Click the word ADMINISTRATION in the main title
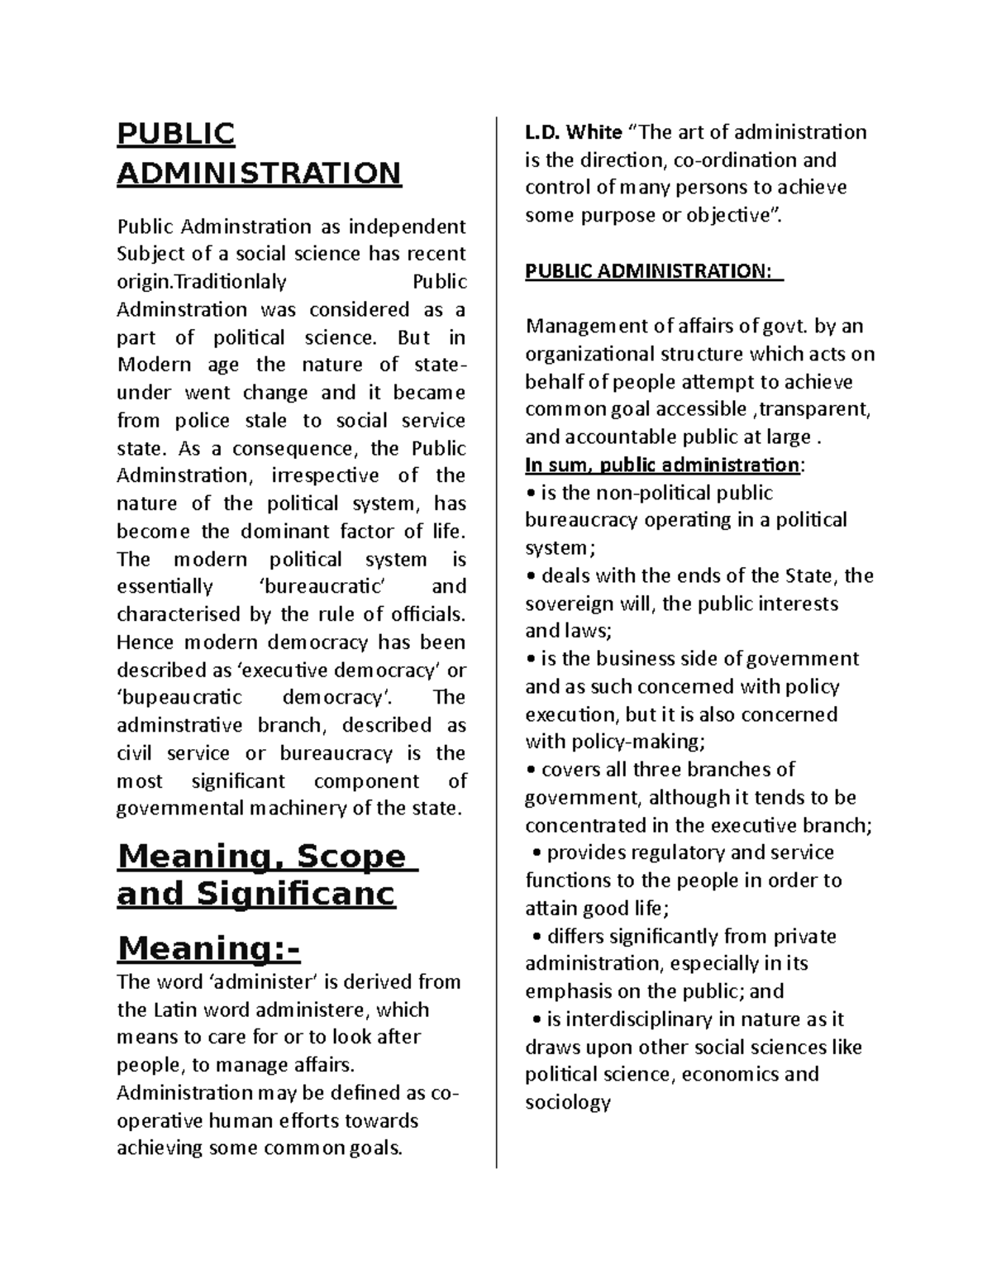(x=259, y=174)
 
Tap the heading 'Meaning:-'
(x=208, y=948)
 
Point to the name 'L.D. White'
(x=574, y=132)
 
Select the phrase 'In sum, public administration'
(x=662, y=465)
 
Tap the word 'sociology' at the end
(x=567, y=1103)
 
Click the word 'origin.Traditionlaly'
(x=202, y=282)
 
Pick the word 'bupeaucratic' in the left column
(x=179, y=698)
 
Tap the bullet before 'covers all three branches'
(x=531, y=771)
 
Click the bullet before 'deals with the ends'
(x=531, y=576)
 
